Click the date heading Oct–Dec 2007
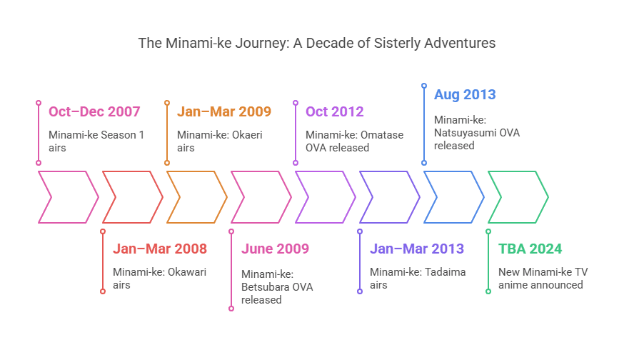tap(94, 111)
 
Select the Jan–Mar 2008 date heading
tap(160, 249)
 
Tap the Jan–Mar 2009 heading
tap(224, 111)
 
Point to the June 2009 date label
tap(275, 249)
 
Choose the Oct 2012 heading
tap(334, 111)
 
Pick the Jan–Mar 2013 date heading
tap(417, 249)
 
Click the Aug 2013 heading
tap(465, 95)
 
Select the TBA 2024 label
tap(530, 249)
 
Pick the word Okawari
tap(187, 272)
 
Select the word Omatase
tap(382, 135)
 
